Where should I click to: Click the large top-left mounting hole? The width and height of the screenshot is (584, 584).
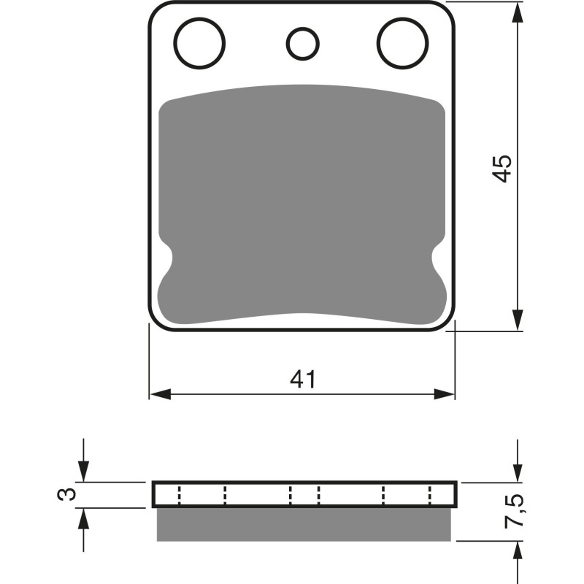coord(200,41)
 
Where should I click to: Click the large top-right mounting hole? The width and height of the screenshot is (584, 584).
coord(401,41)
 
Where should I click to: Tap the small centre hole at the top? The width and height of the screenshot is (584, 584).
coord(301,44)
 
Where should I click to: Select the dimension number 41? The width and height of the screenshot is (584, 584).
coord(303,380)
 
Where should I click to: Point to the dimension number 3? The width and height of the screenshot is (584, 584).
coord(66,495)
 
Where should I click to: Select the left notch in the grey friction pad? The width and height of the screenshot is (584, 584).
coord(168,260)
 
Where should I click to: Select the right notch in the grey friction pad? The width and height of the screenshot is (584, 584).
coord(436,260)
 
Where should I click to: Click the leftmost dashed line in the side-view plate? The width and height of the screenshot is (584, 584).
coord(178,496)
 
